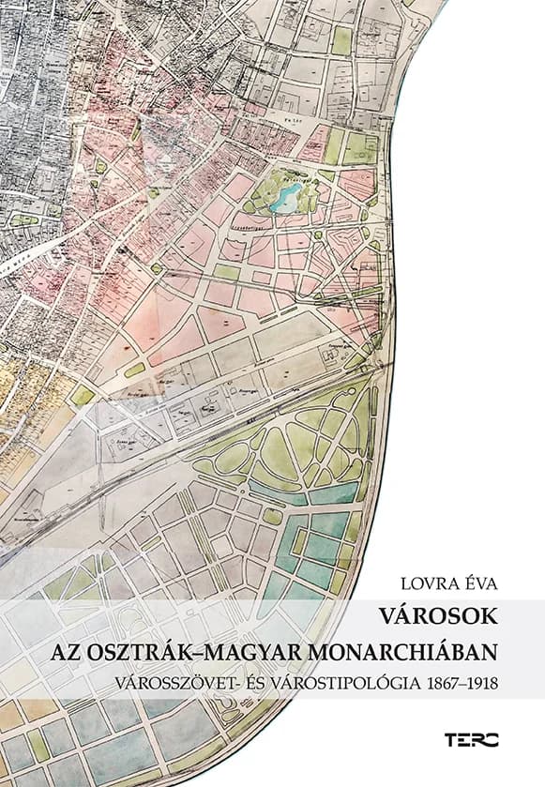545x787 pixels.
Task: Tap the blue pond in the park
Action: pos(284,196)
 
